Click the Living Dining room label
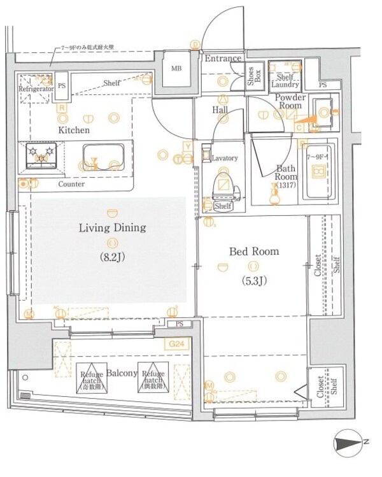coord(113,227)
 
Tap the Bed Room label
coord(253,252)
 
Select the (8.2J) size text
coord(113,258)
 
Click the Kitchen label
coord(74,130)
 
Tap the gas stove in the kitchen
coord(41,156)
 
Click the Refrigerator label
coord(36,90)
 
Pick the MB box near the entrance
coord(176,69)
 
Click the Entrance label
coord(223,59)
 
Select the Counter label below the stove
coord(71,183)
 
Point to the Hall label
coord(221,110)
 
